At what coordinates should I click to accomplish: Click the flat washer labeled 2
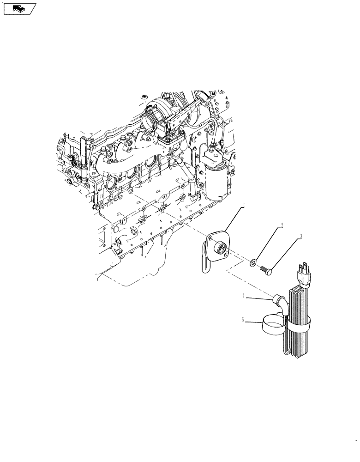(x=254, y=263)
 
